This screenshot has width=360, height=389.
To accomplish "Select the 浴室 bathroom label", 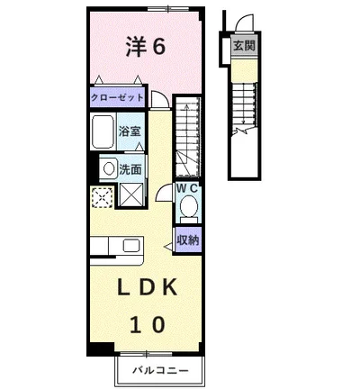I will coord(129,131).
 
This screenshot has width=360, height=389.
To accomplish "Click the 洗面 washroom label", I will coord(130,167).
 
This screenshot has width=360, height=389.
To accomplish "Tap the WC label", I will coord(187,188).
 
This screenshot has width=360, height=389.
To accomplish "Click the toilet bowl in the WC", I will coord(188,208).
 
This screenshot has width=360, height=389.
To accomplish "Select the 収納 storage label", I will coord(187,240).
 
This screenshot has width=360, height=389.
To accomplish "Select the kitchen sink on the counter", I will coord(130,246).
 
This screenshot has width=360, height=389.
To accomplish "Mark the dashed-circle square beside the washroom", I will coord(102,195).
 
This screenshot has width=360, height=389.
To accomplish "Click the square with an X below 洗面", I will coord(130,194).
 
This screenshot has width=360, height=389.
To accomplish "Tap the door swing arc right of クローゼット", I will coord(159,101).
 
